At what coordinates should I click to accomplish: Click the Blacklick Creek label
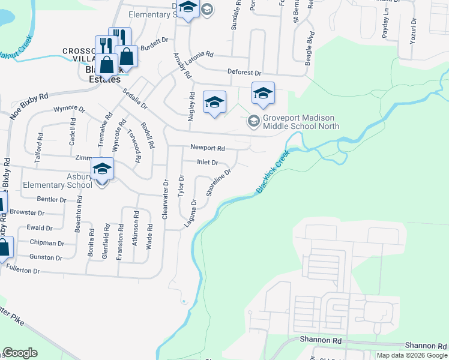[x=273, y=172]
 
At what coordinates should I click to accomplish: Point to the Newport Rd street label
[x=207, y=148]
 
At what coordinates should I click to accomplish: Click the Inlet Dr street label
[x=207, y=163]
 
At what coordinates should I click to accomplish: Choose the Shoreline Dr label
[x=218, y=183]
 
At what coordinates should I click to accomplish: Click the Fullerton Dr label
[x=22, y=271]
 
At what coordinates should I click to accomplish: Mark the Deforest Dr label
[x=244, y=72]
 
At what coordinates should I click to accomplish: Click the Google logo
[x=20, y=353]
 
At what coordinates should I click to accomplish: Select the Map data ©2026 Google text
[x=412, y=355]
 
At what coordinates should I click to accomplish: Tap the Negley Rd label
[x=192, y=107]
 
